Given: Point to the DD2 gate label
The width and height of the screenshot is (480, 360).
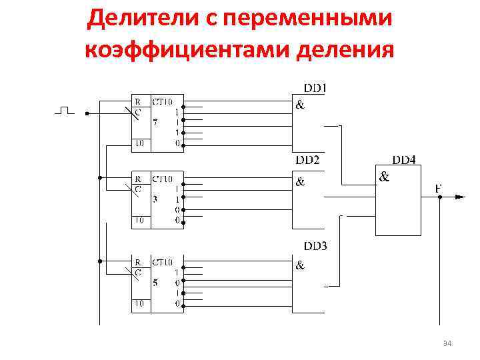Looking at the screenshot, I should click(x=308, y=160).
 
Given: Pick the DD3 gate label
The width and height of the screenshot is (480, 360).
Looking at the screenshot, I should click(x=315, y=246).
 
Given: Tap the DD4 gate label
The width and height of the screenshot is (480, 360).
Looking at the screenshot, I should click(x=404, y=160).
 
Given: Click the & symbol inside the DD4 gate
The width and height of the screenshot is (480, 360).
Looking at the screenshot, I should click(x=384, y=177).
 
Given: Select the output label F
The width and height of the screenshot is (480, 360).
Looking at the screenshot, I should click(x=439, y=189).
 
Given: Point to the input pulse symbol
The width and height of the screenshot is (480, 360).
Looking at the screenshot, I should click(x=64, y=110).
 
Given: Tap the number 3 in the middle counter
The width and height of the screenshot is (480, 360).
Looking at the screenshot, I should click(x=155, y=199).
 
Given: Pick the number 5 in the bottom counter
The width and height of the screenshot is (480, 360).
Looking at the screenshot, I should click(x=155, y=282).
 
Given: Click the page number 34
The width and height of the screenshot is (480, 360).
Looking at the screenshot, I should click(x=447, y=343).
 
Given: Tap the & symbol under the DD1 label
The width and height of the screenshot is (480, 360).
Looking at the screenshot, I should click(x=300, y=105).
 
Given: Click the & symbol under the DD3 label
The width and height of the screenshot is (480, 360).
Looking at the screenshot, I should click(x=300, y=265).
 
